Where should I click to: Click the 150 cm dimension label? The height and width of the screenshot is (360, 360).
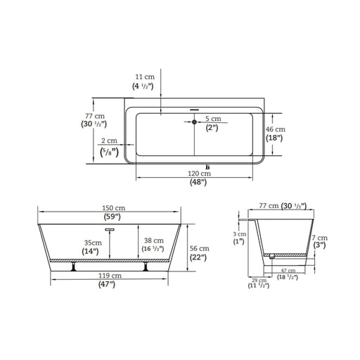114,208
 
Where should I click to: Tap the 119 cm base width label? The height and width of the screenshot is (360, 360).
110,276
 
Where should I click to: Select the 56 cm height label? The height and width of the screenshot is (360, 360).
200,248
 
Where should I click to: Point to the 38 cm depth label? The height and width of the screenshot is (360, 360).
154,240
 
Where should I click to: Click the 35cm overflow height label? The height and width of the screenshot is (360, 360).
93,243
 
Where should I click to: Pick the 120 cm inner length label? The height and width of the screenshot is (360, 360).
199,174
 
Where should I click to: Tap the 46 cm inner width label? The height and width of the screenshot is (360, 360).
276,129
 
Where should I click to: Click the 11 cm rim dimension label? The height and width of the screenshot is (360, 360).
145,77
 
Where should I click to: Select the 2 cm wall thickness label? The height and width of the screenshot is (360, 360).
109,141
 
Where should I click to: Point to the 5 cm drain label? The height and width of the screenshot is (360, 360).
213,119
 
